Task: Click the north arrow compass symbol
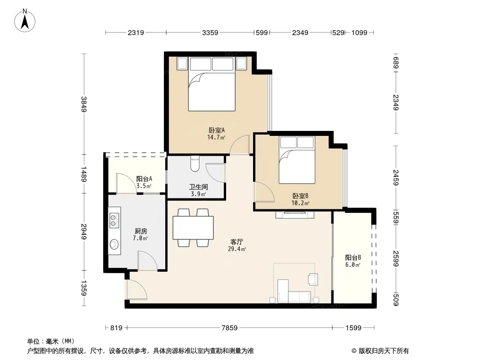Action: [x=25, y=21]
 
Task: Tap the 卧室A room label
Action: [x=217, y=130]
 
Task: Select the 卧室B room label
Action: [x=300, y=196]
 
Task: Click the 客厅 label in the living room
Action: [x=237, y=242]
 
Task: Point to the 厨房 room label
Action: [x=140, y=231]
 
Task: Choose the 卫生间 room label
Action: [x=199, y=187]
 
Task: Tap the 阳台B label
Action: [x=353, y=258]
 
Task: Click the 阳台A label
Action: [x=144, y=179]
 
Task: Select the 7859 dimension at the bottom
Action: [x=230, y=328]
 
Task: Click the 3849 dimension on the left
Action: [x=84, y=104]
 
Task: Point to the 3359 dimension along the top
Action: [x=210, y=32]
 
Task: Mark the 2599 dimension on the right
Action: [x=396, y=259]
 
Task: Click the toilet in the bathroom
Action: [x=195, y=164]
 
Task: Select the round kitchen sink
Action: [x=114, y=244]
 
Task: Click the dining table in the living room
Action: [x=193, y=228]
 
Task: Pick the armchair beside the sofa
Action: [x=313, y=279]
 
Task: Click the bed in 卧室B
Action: [x=297, y=160]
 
